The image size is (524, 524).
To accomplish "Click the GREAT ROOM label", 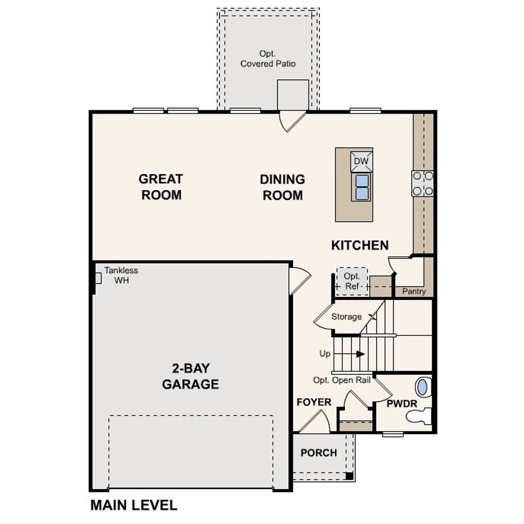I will coord(160,187).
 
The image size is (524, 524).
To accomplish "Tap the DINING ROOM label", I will coord(282,187).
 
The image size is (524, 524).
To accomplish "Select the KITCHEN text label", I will coord(360,245).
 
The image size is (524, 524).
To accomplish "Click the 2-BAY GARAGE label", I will coord(190,376).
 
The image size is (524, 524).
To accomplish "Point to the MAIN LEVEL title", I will coord(134,505).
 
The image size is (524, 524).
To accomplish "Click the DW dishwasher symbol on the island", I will coord(361,161).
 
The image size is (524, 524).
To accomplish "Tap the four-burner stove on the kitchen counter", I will coord(422,183).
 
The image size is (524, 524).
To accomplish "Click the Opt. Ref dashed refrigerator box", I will coord(352,282).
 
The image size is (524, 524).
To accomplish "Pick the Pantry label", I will coord(414,291).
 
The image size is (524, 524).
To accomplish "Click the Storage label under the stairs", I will coord(346,316).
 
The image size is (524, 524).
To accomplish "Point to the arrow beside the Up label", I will coord(360,354).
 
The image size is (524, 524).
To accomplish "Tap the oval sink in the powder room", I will coord(422,387).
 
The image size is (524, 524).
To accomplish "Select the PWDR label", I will coord(402,404).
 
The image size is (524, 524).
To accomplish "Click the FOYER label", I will coord(314,402).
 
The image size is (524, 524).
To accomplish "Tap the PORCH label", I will coord(318,453).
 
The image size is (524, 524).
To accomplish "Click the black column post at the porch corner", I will coord(349,476).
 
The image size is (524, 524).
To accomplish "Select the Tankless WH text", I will coord(121,275).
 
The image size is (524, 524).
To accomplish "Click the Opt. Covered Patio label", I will coord(268,59).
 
